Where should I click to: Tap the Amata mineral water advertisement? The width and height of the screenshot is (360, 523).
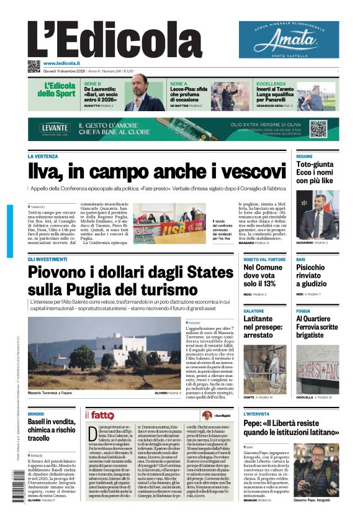(x=289, y=40)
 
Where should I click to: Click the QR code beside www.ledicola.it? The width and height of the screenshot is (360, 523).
(x=34, y=66)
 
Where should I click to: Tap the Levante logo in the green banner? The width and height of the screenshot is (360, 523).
(x=53, y=126)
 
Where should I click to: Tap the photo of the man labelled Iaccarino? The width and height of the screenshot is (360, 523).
(x=317, y=214)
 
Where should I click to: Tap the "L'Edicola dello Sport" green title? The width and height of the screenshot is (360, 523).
(x=56, y=89)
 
